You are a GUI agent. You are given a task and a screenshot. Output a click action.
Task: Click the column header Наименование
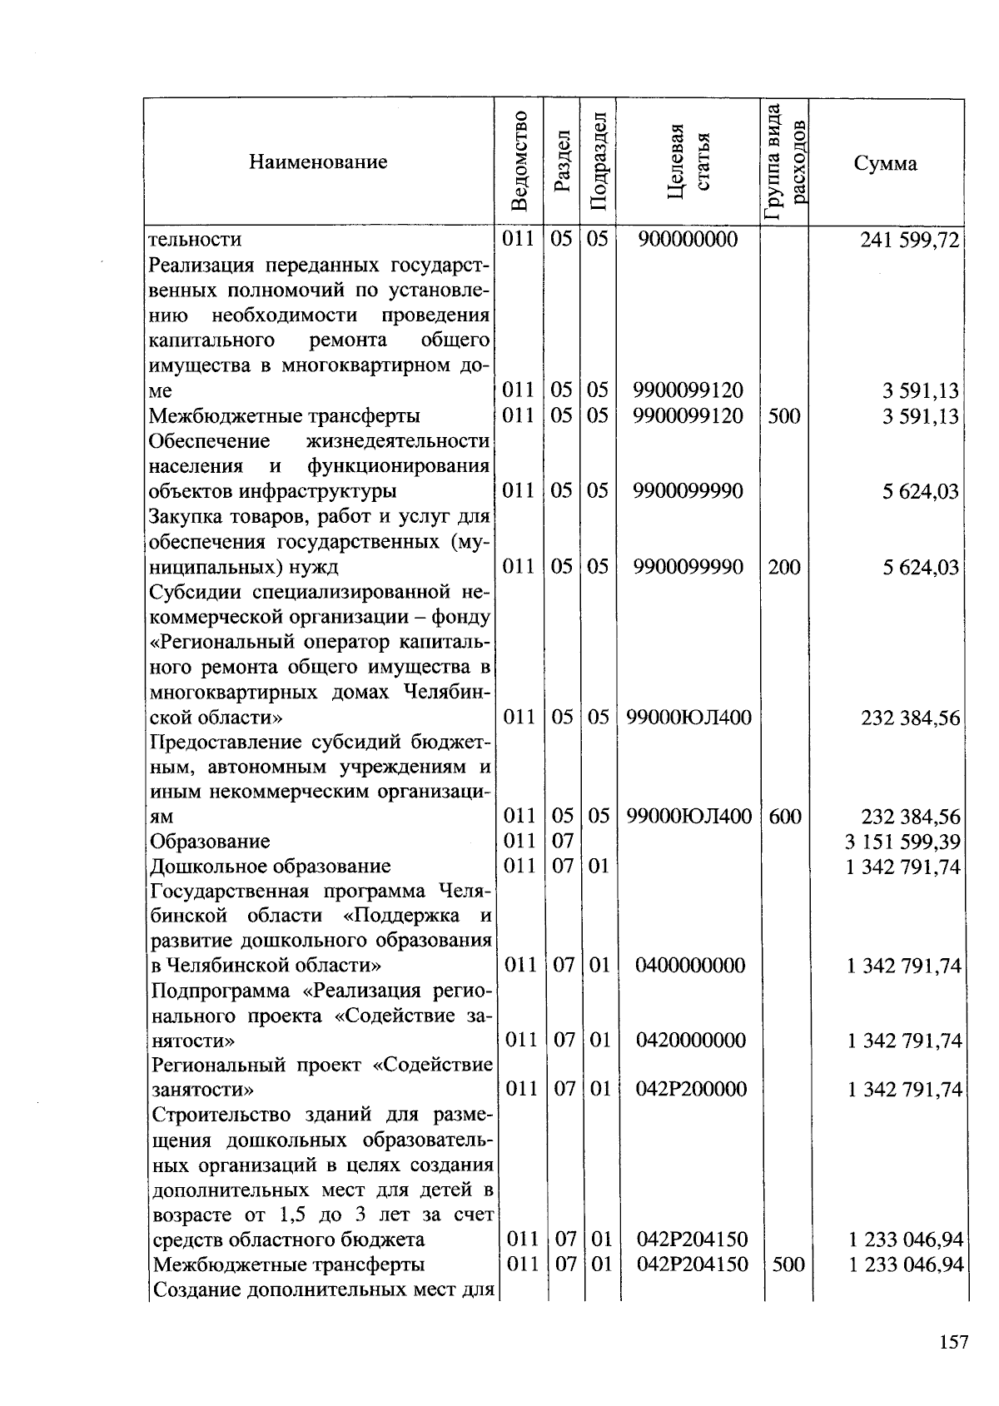317,161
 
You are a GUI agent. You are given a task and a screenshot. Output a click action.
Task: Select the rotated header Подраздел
599,161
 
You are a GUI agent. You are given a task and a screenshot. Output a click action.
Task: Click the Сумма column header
886,163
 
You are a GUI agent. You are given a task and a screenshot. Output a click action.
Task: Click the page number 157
953,1343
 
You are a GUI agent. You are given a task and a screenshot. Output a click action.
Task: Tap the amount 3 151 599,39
902,841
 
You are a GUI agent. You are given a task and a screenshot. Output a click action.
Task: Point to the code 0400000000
689,965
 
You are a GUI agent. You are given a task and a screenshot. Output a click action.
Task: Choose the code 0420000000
689,1040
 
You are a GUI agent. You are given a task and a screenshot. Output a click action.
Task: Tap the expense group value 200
784,567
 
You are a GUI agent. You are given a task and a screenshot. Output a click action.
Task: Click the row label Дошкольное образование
270,866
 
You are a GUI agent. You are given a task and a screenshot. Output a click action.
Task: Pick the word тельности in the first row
195,240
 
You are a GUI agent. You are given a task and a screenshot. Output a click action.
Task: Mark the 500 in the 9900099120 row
784,415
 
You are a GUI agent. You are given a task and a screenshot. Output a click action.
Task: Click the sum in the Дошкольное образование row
903,867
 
